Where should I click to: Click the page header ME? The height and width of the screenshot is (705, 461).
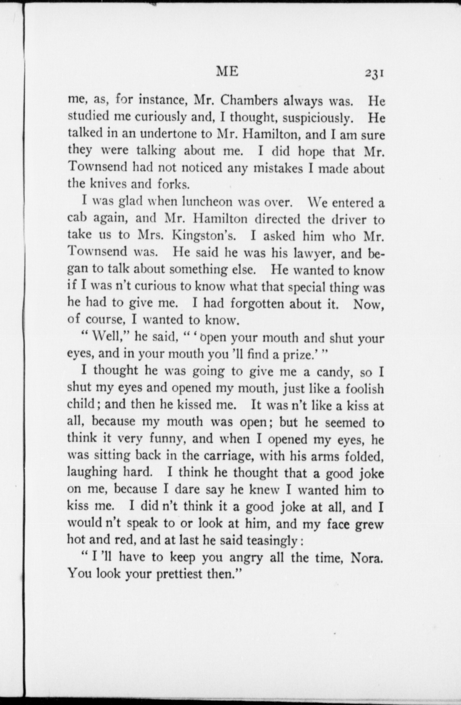(x=228, y=72)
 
